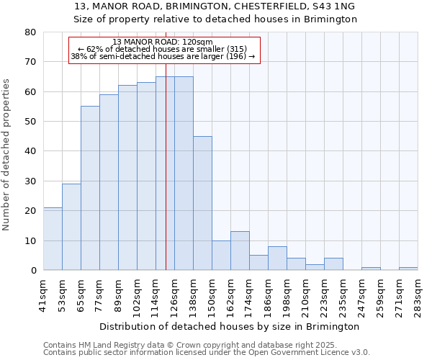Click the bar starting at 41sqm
pos(53,239)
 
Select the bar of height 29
pos(71,227)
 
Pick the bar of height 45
pos(202,203)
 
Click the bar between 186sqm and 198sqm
pos(277,258)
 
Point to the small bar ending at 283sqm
pos(408,269)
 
